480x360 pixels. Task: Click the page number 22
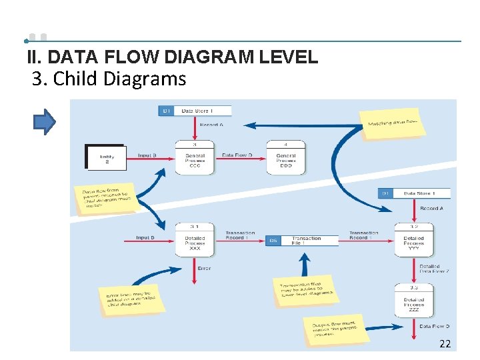[445, 344]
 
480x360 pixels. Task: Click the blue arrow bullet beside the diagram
[45, 122]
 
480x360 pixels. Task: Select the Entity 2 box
[106, 157]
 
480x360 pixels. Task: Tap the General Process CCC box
[195, 158]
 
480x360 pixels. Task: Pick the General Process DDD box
[285, 158]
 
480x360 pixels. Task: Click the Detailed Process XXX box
[195, 241]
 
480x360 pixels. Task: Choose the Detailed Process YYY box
[413, 241]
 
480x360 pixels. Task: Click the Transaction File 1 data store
[303, 240]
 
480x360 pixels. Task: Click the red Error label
[204, 268]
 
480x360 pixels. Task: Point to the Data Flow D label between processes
[237, 155]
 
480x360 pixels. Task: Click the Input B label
[147, 155]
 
